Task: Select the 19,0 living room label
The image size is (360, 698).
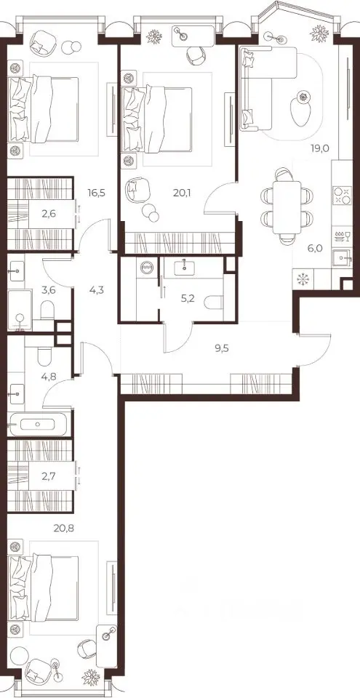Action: coord(319,148)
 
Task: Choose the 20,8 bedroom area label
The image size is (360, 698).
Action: coord(62,528)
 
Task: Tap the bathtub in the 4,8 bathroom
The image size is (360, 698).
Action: coord(39,424)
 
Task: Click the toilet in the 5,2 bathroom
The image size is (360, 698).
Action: coord(213,302)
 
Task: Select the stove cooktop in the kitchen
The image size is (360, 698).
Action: coord(341,196)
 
